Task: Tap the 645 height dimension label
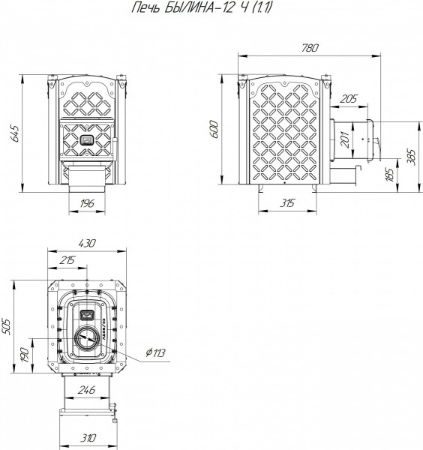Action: (14, 133)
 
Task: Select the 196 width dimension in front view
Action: (87, 203)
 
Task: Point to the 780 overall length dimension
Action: (310, 48)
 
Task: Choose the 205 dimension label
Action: (349, 99)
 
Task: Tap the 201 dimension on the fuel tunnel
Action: (346, 139)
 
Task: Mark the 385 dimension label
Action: (411, 157)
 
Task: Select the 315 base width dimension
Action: (287, 203)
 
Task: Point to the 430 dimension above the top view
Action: (87, 243)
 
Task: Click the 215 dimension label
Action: (67, 260)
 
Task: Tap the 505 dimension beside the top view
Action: (6, 326)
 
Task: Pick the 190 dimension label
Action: (25, 355)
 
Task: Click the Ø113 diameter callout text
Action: (155, 352)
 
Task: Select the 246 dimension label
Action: (87, 390)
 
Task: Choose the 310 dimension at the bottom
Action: (88, 438)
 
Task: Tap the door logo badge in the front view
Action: (87, 139)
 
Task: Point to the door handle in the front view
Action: (115, 149)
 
